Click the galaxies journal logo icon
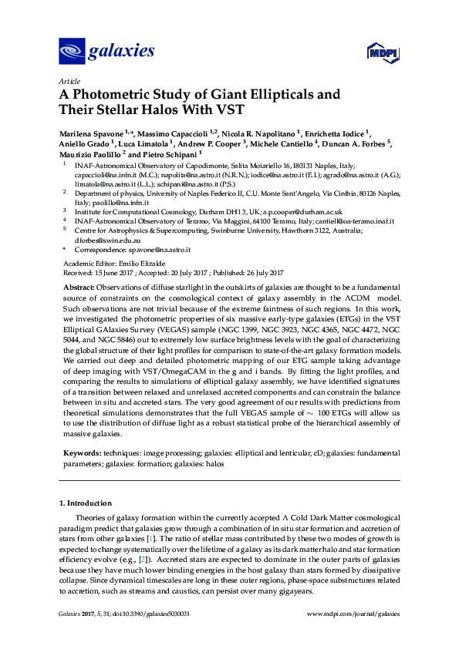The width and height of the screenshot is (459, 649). point(72,52)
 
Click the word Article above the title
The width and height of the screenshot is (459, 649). point(68,81)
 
